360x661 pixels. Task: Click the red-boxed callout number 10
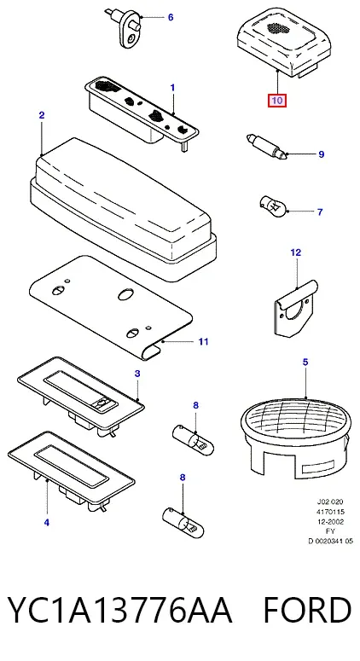click(277, 101)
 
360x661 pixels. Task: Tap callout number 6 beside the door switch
click(171, 17)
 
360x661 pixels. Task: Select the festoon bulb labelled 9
click(266, 147)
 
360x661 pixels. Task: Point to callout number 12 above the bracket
click(296, 252)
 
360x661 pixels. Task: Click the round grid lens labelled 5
click(296, 438)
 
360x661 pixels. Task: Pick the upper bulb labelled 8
click(194, 440)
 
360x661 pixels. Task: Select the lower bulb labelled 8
click(183, 521)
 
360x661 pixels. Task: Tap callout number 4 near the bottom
click(47, 523)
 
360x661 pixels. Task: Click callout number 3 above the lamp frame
click(137, 374)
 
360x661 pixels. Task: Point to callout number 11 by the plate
click(203, 341)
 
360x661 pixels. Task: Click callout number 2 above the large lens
click(42, 115)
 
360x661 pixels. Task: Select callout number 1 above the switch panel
click(172, 88)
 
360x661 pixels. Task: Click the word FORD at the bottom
click(307, 610)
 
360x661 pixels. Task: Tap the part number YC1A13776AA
click(120, 610)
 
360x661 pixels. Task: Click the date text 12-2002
click(330, 522)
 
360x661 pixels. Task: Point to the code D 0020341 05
click(330, 542)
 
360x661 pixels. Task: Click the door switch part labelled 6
click(125, 28)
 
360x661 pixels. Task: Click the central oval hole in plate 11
click(125, 294)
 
